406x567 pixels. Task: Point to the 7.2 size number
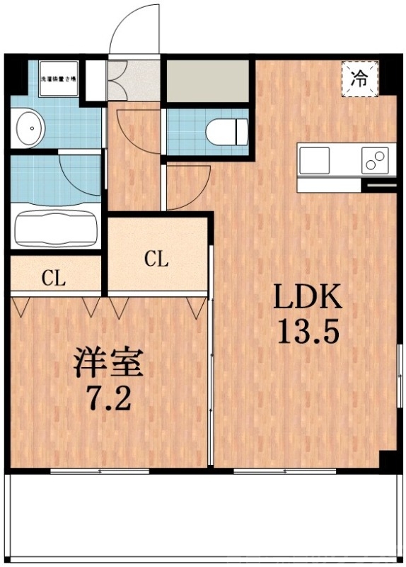click(x=110, y=399)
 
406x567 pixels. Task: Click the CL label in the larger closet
click(x=156, y=259)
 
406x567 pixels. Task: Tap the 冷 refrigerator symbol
click(x=360, y=77)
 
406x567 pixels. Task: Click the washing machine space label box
click(x=59, y=80)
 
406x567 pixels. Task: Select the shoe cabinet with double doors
click(x=117, y=82)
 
